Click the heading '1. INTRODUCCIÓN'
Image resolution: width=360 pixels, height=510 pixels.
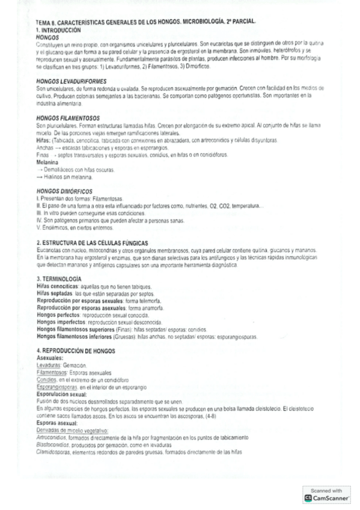pyautogui.click(x=58, y=29)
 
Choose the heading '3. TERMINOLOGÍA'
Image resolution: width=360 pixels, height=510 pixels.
pyautogui.click(x=59, y=279)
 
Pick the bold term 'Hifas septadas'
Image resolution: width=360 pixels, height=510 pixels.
pyautogui.click(x=52, y=293)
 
